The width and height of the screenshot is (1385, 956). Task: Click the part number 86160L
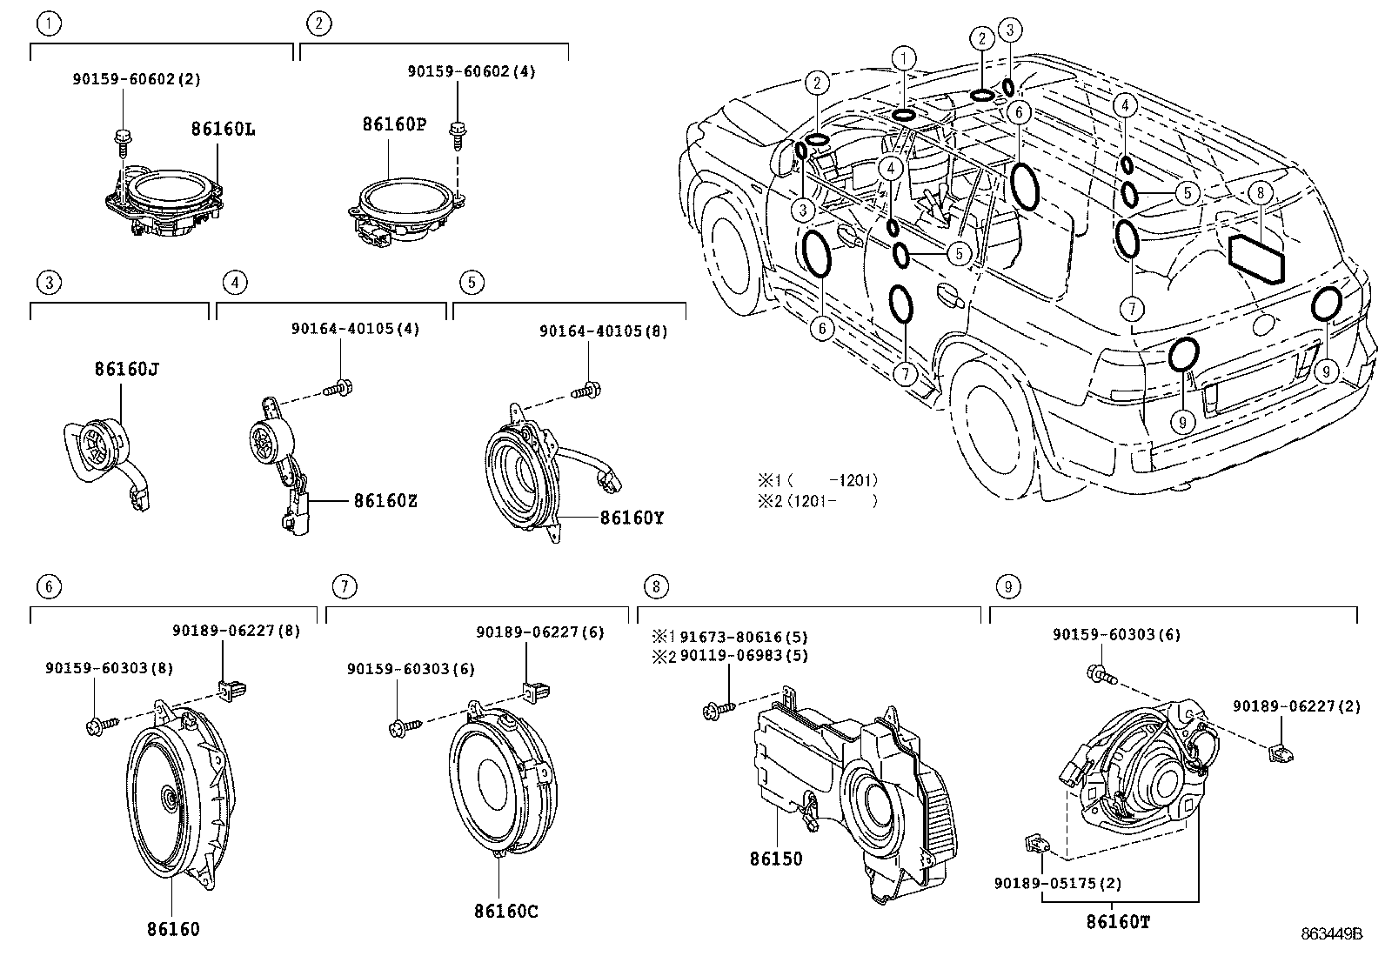[223, 130]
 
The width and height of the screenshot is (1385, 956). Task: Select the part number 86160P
[394, 124]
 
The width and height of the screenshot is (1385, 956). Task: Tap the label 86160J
[126, 369]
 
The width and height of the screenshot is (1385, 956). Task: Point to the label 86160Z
[385, 501]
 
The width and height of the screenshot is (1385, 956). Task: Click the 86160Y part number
[632, 518]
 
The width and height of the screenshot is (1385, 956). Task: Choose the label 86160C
[506, 911]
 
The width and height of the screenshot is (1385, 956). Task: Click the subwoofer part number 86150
[776, 859]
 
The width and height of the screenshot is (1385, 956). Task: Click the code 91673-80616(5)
[744, 637]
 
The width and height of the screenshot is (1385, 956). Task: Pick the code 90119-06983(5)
[744, 655]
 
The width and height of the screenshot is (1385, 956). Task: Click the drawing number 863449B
[1331, 934]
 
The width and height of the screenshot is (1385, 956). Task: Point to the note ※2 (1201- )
[817, 500]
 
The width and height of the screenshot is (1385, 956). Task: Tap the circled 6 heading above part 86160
[49, 586]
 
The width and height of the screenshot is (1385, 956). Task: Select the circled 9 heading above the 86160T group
[1007, 586]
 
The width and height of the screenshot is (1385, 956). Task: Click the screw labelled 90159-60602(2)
[122, 137]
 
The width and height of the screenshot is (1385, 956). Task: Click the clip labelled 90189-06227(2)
[1279, 750]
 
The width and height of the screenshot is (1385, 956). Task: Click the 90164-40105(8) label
[603, 331]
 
